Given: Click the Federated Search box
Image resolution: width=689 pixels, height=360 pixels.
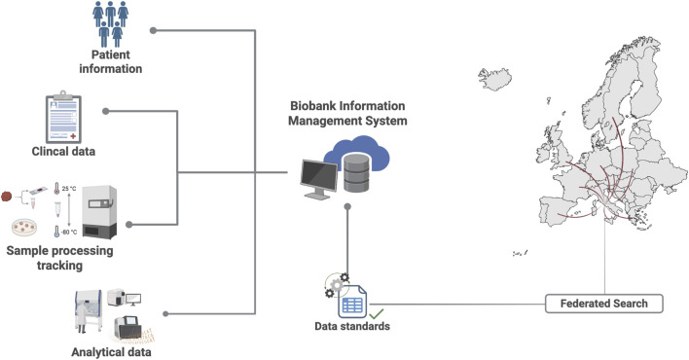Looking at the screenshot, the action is tap(603, 304).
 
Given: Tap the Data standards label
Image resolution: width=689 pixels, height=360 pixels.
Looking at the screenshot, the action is tap(352, 326).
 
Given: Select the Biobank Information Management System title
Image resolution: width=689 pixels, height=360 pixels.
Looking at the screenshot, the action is tap(347, 113).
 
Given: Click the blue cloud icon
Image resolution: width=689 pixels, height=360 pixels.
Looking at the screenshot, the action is tap(357, 152).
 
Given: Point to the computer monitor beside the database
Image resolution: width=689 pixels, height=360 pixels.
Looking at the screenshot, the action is tap(318, 179).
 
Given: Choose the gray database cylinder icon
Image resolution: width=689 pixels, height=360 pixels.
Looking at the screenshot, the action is tap(356, 173).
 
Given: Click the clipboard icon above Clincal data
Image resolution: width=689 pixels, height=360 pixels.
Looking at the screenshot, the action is tap(63, 118).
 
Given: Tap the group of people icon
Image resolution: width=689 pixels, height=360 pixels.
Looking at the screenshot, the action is tap(110, 23).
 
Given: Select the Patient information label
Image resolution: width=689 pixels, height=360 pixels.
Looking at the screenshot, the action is tap(110, 61).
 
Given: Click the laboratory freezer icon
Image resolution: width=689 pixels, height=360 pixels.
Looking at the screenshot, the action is tap(99, 212).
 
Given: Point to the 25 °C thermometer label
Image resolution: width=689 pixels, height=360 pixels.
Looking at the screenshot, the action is tap(69, 189).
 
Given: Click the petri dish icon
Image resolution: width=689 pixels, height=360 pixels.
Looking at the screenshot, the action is tap(24, 228).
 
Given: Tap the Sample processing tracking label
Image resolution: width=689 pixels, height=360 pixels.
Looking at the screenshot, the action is tap(59, 258).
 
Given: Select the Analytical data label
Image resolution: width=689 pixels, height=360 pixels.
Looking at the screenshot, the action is tap(111, 352).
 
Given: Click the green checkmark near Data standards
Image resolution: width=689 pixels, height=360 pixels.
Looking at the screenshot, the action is tap(377, 314).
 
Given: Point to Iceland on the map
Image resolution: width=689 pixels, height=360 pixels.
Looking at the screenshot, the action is tap(495, 79).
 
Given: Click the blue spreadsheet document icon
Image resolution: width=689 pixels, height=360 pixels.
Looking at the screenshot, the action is tap(352, 302).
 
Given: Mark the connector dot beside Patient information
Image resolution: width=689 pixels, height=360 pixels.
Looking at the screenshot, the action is tap(153, 30).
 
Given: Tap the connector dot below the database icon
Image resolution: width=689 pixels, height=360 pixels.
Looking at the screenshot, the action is tap(347, 206).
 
